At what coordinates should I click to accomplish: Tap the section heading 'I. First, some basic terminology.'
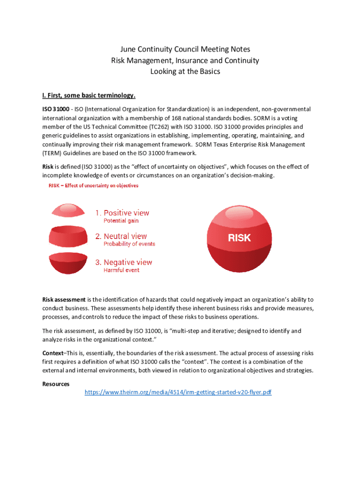89,96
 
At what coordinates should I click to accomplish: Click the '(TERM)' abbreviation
55,153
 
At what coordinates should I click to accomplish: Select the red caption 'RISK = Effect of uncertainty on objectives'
94,186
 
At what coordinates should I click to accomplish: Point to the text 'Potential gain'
121,221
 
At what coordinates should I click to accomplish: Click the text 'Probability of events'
129,244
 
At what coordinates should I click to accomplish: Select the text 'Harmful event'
121,270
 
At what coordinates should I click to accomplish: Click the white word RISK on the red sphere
239,238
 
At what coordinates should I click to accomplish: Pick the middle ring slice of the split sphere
68,236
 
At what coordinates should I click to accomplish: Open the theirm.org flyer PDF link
178,392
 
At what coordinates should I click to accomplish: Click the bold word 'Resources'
56,384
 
